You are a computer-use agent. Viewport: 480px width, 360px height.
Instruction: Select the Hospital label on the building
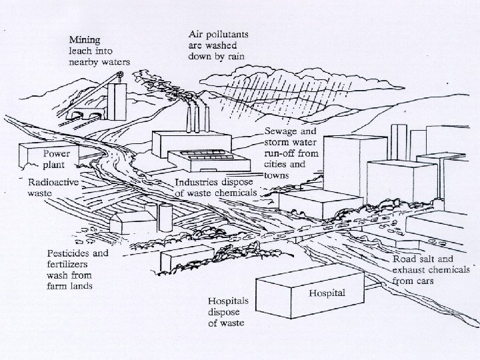(327, 293)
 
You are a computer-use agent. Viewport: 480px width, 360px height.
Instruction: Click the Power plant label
(60, 159)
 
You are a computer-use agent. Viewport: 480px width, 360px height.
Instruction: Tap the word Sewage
(281, 131)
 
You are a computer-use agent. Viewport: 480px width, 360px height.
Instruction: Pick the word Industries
(198, 182)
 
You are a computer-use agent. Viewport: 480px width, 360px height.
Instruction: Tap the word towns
(277, 174)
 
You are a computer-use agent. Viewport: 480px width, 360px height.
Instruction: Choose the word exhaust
(409, 271)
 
